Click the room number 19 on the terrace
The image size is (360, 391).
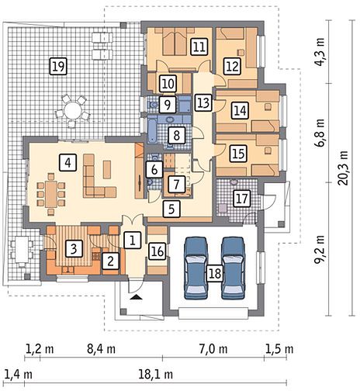[58, 67]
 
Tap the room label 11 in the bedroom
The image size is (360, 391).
[199, 47]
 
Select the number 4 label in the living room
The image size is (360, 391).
[67, 162]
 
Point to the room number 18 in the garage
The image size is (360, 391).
[215, 273]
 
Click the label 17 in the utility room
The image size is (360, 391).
[242, 199]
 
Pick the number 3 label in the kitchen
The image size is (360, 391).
[74, 249]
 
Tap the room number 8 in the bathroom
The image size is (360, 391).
[177, 135]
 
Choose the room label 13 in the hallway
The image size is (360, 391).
[203, 103]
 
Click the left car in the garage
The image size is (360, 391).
[196, 268]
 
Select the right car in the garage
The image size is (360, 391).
[234, 268]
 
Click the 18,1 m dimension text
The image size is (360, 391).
[155, 374]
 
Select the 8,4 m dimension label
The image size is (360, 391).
[101, 349]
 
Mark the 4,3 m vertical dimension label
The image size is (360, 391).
[320, 52]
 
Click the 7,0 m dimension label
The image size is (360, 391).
[213, 349]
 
